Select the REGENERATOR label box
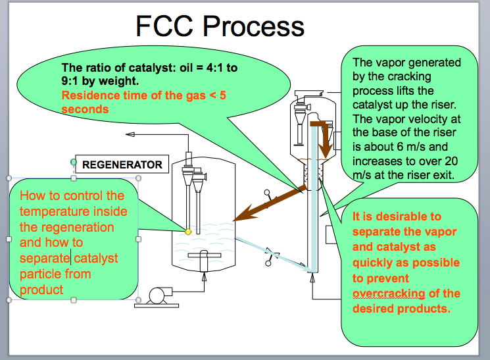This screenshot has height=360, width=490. tap(122, 165)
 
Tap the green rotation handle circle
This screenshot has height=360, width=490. tap(74, 161)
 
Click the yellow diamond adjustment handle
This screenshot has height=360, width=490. tap(187, 232)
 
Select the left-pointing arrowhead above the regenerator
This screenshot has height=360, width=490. tap(130, 135)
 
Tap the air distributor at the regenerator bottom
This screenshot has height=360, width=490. tap(204, 255)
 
